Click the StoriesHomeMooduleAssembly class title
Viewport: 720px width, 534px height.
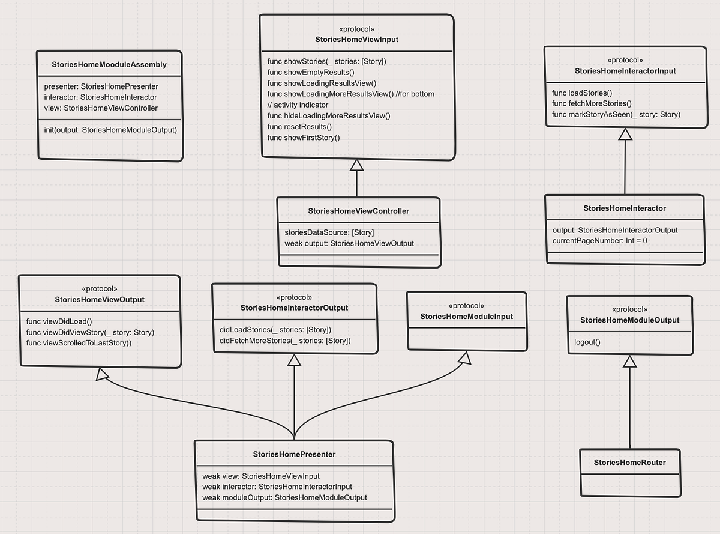coord(109,64)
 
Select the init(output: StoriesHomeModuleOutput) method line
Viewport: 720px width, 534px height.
coord(110,130)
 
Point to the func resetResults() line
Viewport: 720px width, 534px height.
coord(299,127)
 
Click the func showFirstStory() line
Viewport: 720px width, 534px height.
coord(304,138)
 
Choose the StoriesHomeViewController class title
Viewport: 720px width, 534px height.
coord(358,211)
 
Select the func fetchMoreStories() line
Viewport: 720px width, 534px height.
coord(592,103)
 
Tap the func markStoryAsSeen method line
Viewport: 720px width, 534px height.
coord(616,114)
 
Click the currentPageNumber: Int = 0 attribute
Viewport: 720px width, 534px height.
coord(599,241)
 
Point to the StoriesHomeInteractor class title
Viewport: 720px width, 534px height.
coord(624,208)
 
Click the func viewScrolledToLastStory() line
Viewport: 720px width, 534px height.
coord(79,343)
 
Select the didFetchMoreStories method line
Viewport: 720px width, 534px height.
coord(285,341)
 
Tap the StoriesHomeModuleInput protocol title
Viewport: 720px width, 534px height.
coord(466,316)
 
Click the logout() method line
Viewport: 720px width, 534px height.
coord(587,342)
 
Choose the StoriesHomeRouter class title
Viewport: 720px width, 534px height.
coord(629,462)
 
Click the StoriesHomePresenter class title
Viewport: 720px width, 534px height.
coord(294,454)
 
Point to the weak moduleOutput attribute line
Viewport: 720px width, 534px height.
coord(284,497)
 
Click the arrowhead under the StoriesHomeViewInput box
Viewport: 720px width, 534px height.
coord(357,165)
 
